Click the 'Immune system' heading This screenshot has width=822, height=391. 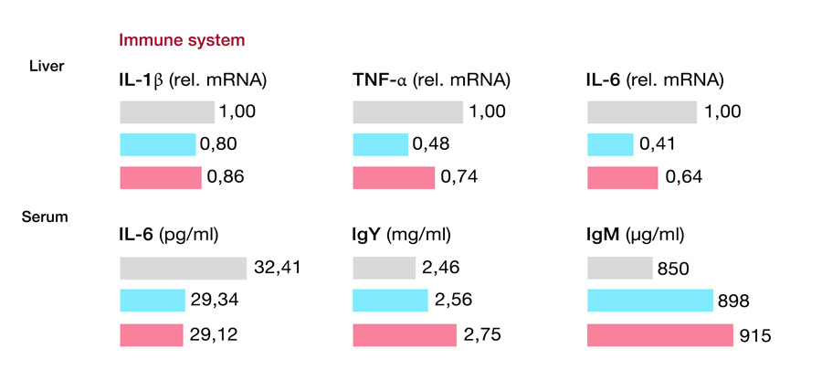(182, 40)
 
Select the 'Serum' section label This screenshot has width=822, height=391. (44, 217)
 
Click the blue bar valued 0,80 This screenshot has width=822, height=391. (157, 144)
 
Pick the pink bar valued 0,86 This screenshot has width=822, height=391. (161, 177)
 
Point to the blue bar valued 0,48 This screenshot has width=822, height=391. (380, 144)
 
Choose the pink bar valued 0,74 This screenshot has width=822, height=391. (394, 177)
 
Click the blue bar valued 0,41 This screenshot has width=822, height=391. (609, 144)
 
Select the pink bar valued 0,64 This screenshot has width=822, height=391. (622, 177)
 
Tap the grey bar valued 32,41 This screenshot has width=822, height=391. (183, 268)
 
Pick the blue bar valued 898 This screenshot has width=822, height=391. (649, 301)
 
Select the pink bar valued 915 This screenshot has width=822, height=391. (659, 335)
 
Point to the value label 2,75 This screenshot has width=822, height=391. (485, 335)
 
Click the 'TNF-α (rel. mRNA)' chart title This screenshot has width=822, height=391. (431, 80)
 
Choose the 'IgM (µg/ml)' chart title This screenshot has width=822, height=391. (635, 236)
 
